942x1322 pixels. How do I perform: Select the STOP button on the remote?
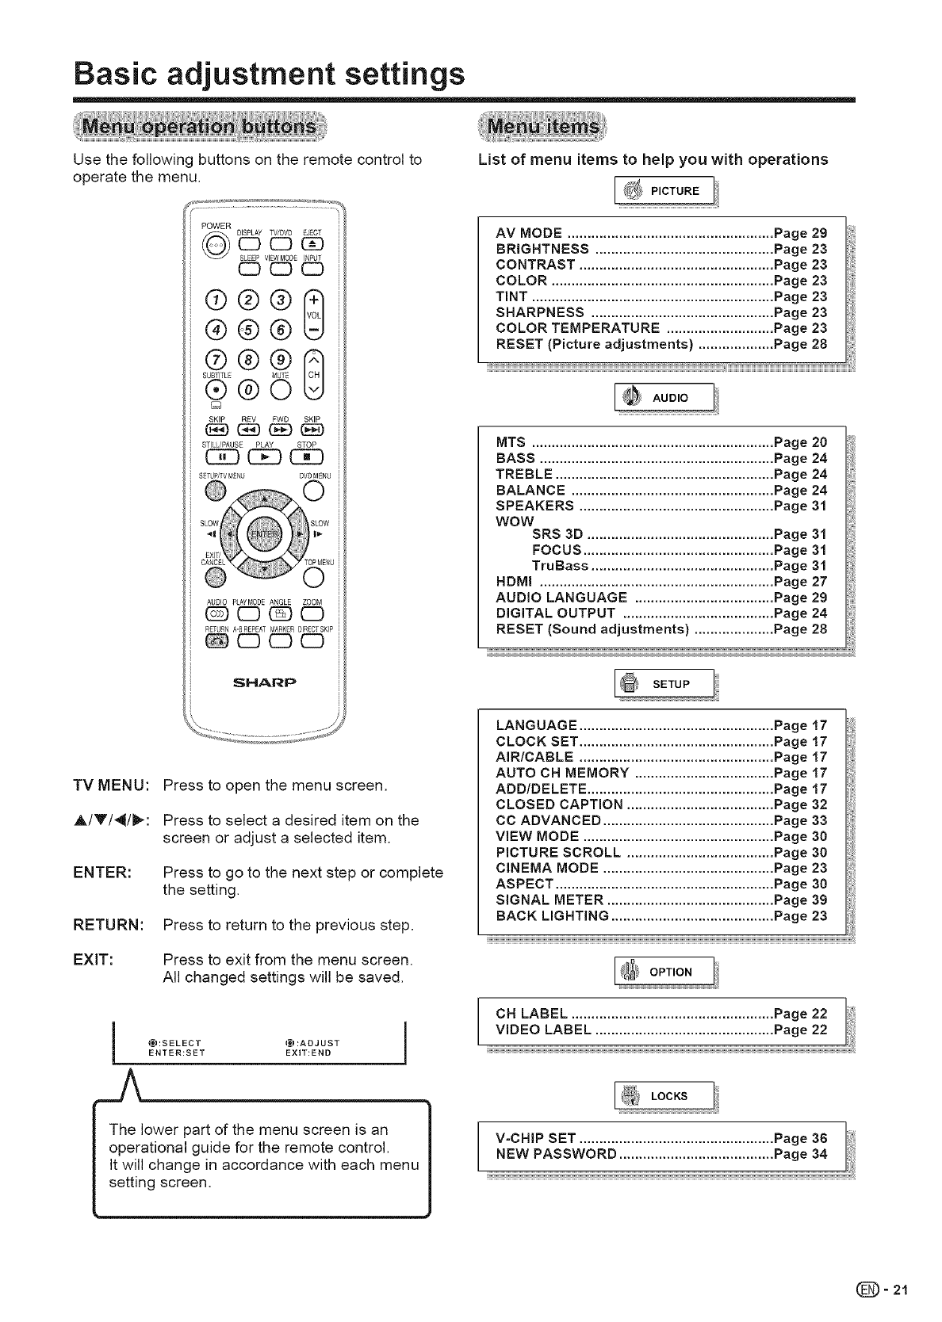tap(306, 458)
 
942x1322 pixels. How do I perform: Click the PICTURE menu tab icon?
tap(632, 190)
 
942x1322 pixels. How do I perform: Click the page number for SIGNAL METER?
tap(800, 900)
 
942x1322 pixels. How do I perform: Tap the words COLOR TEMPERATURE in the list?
tap(577, 328)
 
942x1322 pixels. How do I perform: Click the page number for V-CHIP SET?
tap(800, 1138)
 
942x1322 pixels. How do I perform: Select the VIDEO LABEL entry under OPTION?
tap(543, 1030)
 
